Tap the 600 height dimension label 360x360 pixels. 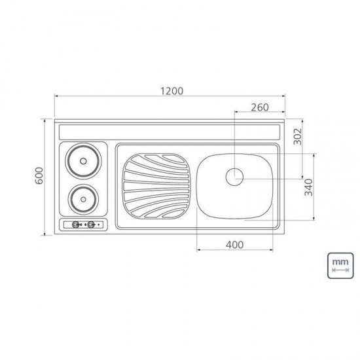tap(39, 176)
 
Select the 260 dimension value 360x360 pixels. tap(261, 107)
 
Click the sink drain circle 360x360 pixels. tap(234, 176)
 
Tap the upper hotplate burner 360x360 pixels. tap(82, 159)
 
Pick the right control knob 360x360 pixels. tap(92, 225)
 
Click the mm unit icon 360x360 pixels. tap(340, 266)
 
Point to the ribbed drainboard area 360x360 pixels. tap(156, 185)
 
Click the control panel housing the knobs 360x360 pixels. tap(84, 225)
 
